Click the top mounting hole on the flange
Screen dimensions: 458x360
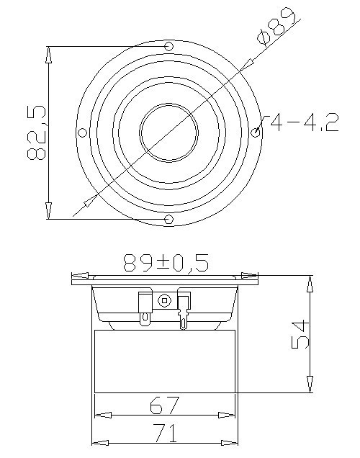click(169, 47)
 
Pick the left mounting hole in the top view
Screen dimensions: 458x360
click(82, 133)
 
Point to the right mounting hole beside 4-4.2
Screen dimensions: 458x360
click(256, 133)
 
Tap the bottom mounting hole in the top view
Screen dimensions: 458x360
click(169, 219)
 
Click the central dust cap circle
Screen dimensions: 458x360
click(169, 133)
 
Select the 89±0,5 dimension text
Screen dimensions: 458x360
click(164, 263)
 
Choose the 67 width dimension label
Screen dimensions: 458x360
click(164, 405)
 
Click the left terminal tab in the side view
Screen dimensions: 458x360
click(145, 305)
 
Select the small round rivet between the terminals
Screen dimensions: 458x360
click(166, 300)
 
